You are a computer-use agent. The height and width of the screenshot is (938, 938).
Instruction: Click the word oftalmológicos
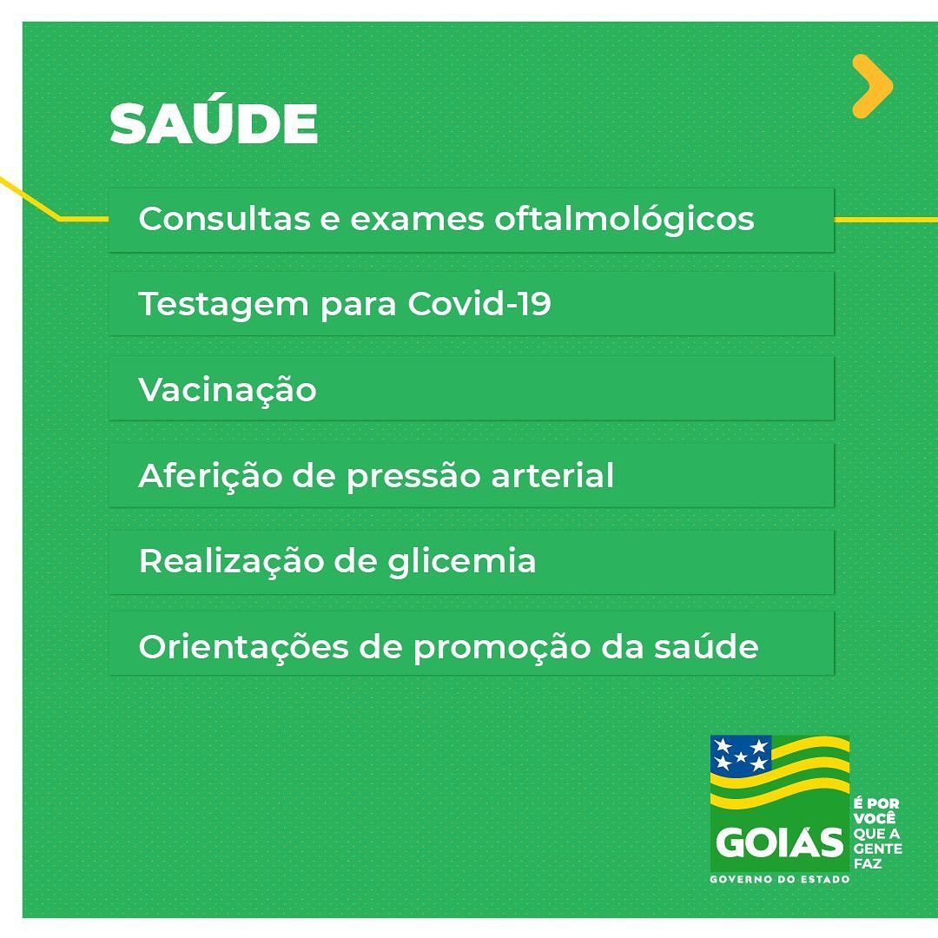(x=624, y=220)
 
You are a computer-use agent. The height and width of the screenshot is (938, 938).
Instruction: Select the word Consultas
(x=224, y=218)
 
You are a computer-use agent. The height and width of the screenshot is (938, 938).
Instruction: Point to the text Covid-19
(x=479, y=303)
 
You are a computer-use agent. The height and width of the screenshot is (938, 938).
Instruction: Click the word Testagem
(x=223, y=306)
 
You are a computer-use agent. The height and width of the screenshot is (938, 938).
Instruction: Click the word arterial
(x=552, y=476)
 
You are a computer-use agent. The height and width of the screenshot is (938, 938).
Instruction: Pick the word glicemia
(x=462, y=563)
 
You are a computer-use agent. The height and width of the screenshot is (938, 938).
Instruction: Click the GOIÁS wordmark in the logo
(x=779, y=842)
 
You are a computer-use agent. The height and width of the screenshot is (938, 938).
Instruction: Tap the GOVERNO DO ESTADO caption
(x=779, y=879)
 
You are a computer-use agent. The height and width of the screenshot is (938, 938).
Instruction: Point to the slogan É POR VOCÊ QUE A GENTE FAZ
(x=877, y=833)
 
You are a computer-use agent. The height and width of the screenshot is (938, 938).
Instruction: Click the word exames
(x=417, y=220)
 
